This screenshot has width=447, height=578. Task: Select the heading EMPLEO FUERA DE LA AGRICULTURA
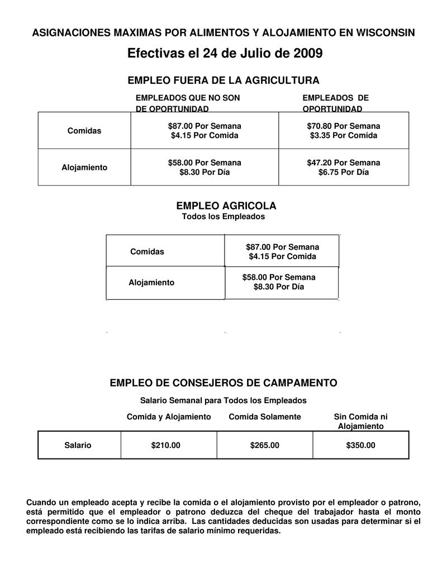pyautogui.click(x=223, y=80)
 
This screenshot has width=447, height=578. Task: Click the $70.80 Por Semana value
pyautogui.click(x=343, y=126)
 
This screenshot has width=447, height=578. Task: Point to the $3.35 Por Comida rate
pyautogui.click(x=343, y=136)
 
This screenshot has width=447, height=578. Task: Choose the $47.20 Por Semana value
pyautogui.click(x=343, y=163)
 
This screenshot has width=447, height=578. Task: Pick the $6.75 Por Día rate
pyautogui.click(x=343, y=173)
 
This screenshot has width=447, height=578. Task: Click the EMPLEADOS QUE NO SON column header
pyautogui.click(x=188, y=98)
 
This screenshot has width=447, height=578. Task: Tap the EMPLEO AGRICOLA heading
pyautogui.click(x=226, y=206)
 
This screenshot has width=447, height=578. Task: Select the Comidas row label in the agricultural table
pyautogui.click(x=147, y=252)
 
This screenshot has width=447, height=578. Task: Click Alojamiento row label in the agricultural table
pyautogui.click(x=151, y=283)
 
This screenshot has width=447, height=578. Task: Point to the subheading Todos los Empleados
pyautogui.click(x=223, y=217)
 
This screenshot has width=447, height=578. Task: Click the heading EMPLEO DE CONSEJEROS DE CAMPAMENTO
pyautogui.click(x=223, y=383)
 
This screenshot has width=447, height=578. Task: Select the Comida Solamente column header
pyautogui.click(x=265, y=417)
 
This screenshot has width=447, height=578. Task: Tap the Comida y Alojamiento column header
pyautogui.click(x=169, y=417)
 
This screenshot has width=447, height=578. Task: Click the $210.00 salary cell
pyautogui.click(x=166, y=446)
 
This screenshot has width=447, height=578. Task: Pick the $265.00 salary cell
pyautogui.click(x=265, y=446)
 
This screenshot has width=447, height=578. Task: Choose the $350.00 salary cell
pyautogui.click(x=361, y=446)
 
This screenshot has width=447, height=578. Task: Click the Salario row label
pyautogui.click(x=78, y=446)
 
